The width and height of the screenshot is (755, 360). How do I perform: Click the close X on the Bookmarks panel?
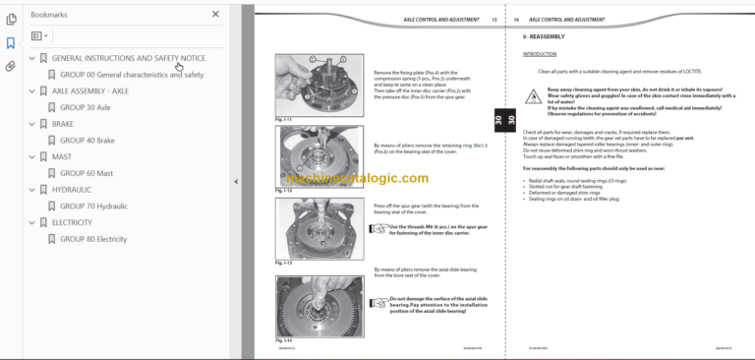click(216, 15)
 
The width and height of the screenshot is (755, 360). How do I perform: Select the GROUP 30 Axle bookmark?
click(86, 107)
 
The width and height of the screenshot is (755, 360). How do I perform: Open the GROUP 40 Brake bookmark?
click(87, 141)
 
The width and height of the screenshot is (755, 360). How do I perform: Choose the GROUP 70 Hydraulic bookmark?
click(93, 207)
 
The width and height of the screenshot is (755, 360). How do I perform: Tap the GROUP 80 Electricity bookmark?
click(93, 239)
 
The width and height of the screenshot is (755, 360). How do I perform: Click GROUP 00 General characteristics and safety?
click(132, 75)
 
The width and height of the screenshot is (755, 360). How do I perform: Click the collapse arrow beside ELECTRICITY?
click(31, 223)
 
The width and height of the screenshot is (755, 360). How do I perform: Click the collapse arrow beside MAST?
click(31, 157)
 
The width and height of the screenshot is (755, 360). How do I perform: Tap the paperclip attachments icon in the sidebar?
click(11, 67)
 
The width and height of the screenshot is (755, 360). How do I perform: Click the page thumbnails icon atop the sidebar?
click(11, 19)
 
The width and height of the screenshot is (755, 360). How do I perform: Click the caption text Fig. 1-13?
click(284, 264)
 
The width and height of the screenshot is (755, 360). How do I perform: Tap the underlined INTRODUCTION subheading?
click(539, 54)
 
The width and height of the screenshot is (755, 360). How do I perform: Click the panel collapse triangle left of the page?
click(235, 181)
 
